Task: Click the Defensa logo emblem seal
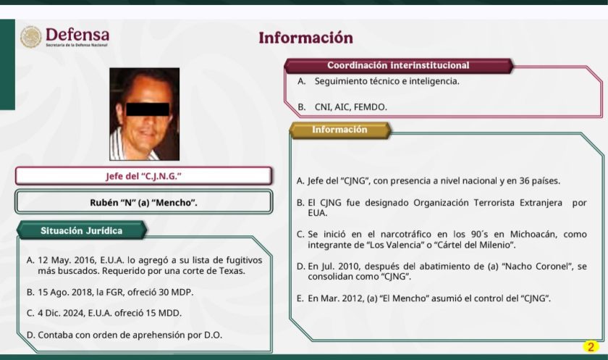(31, 37)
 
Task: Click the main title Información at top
(306, 38)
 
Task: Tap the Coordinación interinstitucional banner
(398, 66)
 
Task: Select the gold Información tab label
(339, 130)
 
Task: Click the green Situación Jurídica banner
(81, 231)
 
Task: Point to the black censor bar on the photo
(148, 109)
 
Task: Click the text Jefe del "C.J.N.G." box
(143, 177)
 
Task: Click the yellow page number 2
(591, 346)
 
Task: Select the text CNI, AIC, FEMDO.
(351, 107)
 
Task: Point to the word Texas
(232, 271)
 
